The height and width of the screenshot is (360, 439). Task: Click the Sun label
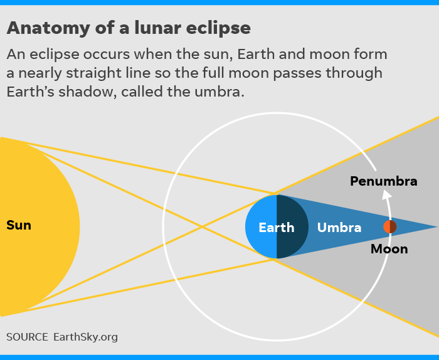tap(18, 225)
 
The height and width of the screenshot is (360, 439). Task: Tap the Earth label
tap(277, 227)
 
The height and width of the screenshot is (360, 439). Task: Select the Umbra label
tap(339, 227)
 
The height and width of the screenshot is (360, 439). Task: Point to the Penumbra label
tap(384, 181)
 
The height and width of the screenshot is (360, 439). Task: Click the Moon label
tap(389, 249)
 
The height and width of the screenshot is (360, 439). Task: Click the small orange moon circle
tap(389, 227)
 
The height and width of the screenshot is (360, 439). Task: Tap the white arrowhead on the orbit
tap(386, 194)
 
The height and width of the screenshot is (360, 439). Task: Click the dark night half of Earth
tap(291, 226)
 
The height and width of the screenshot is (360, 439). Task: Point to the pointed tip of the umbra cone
tap(436, 227)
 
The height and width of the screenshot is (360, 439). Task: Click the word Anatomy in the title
tap(48, 29)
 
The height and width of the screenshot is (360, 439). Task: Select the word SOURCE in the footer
tap(27, 337)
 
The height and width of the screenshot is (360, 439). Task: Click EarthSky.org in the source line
tap(86, 337)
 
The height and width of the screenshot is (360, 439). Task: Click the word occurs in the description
tap(107, 55)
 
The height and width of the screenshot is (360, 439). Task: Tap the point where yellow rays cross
tap(202, 226)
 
